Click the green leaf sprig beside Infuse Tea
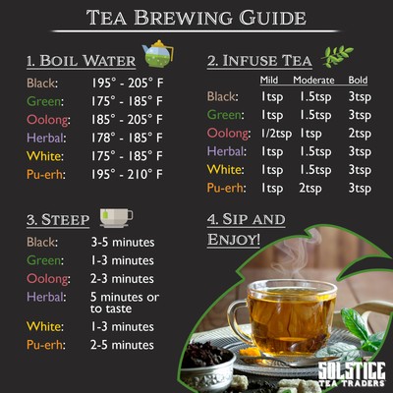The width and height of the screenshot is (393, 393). point(340,56)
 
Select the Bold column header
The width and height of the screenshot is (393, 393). point(358,79)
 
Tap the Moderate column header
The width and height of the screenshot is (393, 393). point(316,79)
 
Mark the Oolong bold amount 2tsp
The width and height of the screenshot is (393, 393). point(360,133)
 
